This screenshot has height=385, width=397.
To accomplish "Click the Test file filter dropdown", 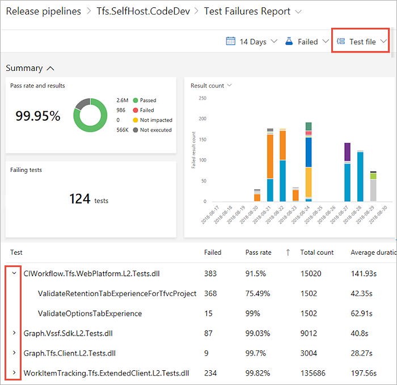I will point(361,41).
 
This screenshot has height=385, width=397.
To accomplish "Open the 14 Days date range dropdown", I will point(252,41).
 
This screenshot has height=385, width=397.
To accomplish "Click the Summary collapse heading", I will point(30,68).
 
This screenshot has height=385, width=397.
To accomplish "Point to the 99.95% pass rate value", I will point(38,116).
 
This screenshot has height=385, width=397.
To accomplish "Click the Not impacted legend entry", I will point(156,120).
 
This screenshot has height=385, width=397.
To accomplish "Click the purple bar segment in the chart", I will point(348,152).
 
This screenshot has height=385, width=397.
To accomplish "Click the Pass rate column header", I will point(259,252).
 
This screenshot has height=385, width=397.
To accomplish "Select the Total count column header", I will point(317,252).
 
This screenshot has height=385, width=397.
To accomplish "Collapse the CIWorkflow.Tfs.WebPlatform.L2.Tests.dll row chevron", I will point(14,273).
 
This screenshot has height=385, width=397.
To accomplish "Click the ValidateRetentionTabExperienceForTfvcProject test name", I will point(117,294).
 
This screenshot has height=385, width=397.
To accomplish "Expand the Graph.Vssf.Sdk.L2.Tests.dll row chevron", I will point(14,333).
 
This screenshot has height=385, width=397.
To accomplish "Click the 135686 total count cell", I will point(314,373).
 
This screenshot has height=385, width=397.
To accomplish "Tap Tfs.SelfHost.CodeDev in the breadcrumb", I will point(142,11).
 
